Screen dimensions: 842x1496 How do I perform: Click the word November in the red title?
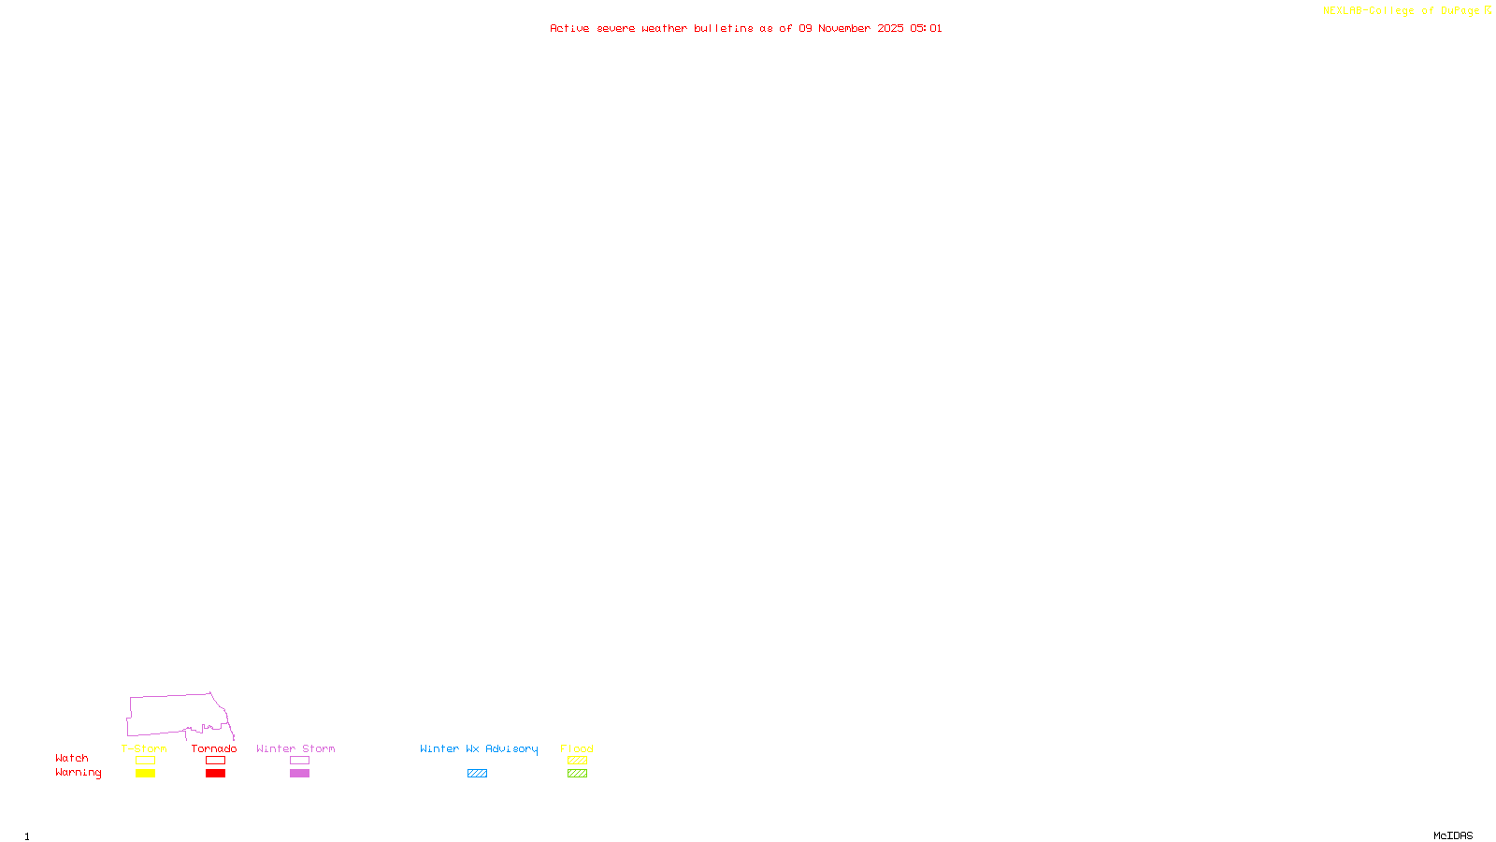coord(844,29)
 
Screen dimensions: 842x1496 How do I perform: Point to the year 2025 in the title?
coord(890,29)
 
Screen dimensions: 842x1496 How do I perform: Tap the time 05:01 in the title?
coord(926,29)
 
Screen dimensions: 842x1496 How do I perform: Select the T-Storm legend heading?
coord(144,748)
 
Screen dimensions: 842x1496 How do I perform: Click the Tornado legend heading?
coord(214,748)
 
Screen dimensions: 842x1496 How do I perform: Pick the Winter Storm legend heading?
coord(295,748)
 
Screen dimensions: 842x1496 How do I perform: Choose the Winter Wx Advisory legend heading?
coord(479,748)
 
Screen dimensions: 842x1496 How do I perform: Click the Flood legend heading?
coord(577,748)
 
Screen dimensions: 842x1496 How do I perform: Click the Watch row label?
coord(72,758)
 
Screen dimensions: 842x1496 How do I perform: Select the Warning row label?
coord(78,773)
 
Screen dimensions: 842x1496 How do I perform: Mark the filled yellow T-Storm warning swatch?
coord(145,774)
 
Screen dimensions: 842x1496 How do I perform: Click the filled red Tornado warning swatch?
coord(216,774)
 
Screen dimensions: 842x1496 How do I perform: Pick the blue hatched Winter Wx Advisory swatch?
coord(477,774)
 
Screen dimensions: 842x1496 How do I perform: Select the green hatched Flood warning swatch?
coord(577,774)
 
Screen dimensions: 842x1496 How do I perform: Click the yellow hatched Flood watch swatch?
coord(577,761)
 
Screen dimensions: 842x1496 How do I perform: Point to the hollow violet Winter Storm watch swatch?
coord(299,761)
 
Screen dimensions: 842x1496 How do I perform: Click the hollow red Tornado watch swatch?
coord(216,761)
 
